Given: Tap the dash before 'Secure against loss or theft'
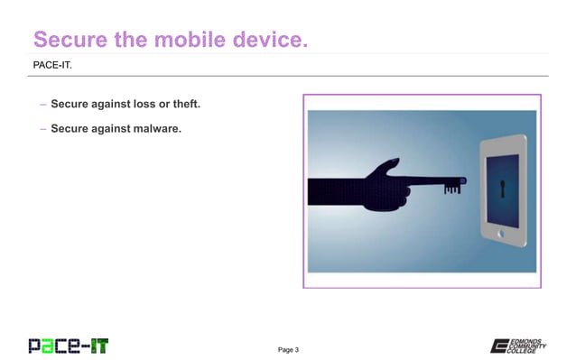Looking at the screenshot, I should click(x=42, y=106).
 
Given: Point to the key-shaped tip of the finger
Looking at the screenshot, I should click(x=451, y=186).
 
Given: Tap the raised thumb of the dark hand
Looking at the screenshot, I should click(x=389, y=166).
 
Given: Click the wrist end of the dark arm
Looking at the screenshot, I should click(x=316, y=191).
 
